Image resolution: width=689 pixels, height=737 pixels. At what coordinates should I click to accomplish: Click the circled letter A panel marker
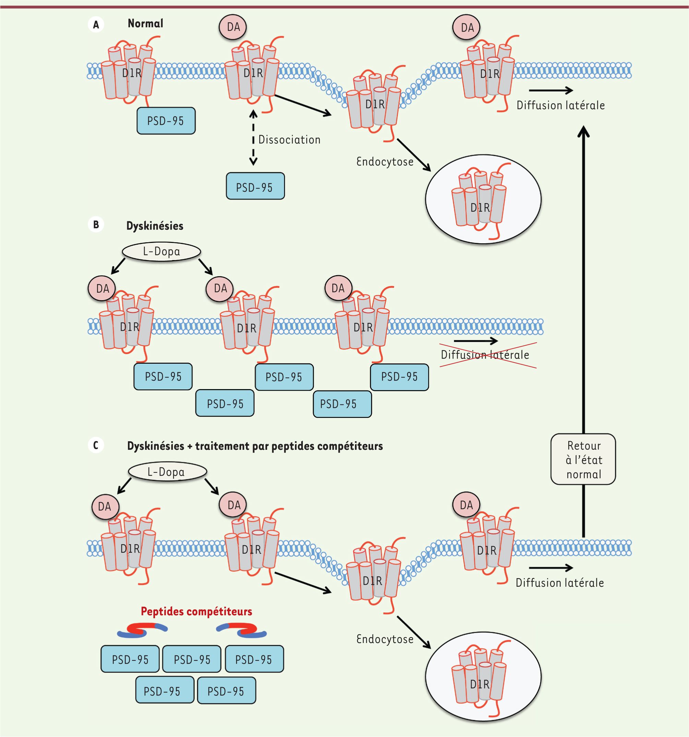tap(96, 25)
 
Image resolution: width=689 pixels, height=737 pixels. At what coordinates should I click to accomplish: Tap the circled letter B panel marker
tap(96, 225)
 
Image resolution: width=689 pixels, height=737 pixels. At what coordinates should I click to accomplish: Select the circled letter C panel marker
tap(96, 445)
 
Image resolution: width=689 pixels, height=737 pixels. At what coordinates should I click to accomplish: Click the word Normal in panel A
tap(145, 24)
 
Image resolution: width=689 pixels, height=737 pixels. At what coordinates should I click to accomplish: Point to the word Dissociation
tap(289, 140)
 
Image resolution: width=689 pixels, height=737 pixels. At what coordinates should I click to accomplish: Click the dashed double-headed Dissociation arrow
tap(253, 138)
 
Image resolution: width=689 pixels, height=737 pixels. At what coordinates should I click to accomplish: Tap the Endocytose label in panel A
tap(385, 162)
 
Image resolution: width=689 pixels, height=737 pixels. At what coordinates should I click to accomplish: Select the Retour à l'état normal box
tap(583, 459)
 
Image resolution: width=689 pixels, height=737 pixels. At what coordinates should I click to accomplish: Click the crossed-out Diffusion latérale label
tap(485, 355)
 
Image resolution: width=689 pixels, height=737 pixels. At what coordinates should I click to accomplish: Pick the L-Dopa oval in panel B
tap(162, 252)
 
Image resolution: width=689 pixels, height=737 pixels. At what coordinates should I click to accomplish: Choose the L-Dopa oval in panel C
tap(167, 472)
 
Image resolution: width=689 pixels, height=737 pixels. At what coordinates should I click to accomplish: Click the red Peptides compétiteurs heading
tap(197, 611)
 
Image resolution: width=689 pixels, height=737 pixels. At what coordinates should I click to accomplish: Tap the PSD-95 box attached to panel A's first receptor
tap(166, 121)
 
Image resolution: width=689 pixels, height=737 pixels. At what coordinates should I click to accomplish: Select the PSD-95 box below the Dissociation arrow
tap(255, 186)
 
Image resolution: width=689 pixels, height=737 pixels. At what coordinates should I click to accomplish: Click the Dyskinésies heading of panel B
tap(155, 226)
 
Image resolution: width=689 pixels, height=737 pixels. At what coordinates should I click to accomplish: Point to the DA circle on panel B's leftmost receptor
tap(102, 289)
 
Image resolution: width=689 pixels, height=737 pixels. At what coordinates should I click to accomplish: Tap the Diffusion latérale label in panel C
tap(560, 583)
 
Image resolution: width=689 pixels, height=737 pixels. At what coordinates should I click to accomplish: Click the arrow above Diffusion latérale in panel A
tap(551, 90)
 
